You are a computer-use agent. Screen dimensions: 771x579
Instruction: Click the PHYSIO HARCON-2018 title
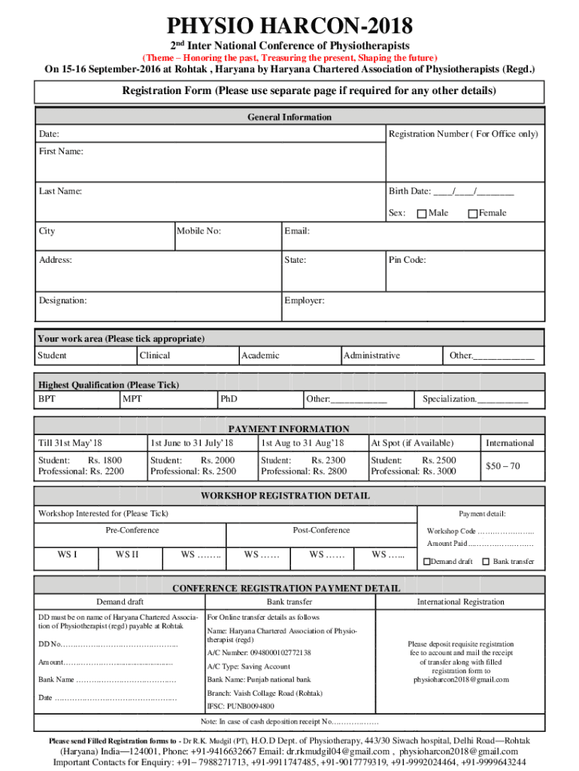pyautogui.click(x=289, y=27)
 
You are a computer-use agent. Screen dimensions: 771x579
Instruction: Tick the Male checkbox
pyautogui.click(x=422, y=214)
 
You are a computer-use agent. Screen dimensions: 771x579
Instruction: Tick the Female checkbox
pyautogui.click(x=473, y=214)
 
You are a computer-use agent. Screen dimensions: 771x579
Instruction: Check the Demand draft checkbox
pyautogui.click(x=427, y=562)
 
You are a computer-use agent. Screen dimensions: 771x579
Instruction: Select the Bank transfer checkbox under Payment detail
pyautogui.click(x=486, y=562)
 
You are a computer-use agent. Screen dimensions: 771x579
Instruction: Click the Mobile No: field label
pyautogui.click(x=199, y=232)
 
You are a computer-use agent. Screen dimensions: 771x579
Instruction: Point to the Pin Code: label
pyautogui.click(x=408, y=261)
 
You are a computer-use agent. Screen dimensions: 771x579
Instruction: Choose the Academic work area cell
pyautogui.click(x=260, y=355)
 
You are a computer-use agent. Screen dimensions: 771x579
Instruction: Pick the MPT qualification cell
pyautogui.click(x=132, y=398)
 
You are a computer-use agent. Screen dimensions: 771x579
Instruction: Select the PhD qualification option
pyautogui.click(x=229, y=398)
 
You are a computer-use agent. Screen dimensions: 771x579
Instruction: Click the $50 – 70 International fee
pyautogui.click(x=502, y=467)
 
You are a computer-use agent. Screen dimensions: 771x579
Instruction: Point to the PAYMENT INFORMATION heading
pyautogui.click(x=289, y=429)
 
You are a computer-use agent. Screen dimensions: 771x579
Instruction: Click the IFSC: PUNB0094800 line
pyautogui.click(x=241, y=707)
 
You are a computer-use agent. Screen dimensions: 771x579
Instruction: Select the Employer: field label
pyautogui.click(x=305, y=300)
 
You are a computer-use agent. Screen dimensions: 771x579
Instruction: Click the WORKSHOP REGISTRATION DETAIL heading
pyautogui.click(x=285, y=496)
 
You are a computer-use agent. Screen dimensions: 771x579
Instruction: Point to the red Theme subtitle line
pyautogui.click(x=289, y=58)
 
